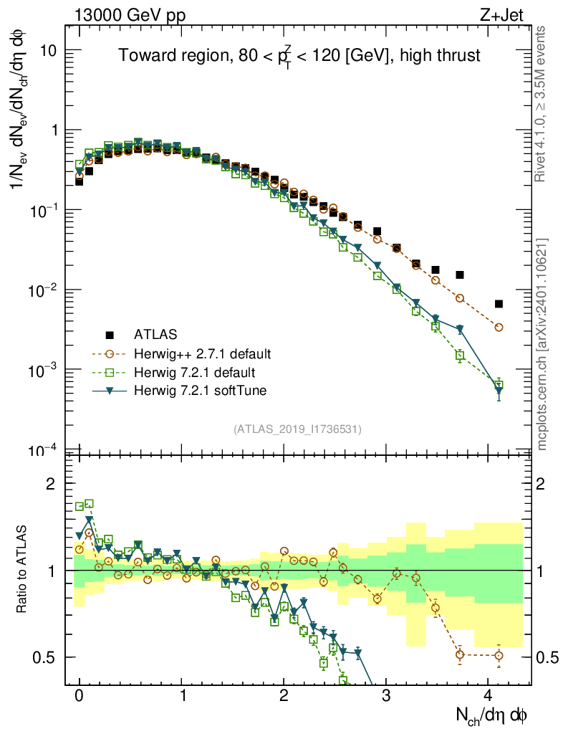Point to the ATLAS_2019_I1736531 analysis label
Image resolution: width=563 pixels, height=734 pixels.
297,429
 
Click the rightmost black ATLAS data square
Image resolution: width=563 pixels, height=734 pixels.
499,304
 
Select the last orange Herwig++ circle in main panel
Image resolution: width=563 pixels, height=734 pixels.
499,328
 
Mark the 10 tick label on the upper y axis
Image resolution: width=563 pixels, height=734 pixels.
49,50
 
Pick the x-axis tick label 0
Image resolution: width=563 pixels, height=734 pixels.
80,695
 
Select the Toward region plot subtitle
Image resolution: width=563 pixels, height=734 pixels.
299,57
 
